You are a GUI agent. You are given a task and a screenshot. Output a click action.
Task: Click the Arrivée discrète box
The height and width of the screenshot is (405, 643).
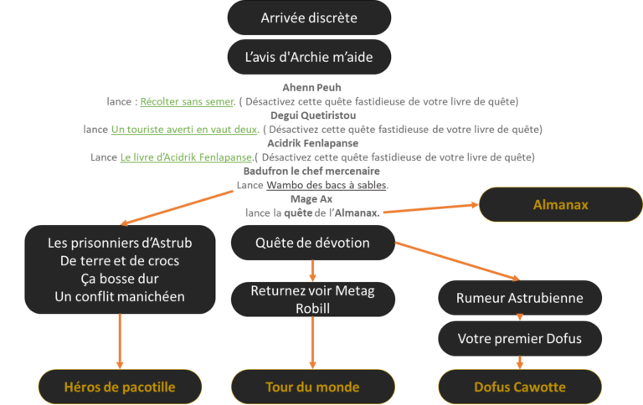click(x=309, y=18)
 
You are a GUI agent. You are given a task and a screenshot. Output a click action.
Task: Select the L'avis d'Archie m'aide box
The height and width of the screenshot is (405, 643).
click(x=309, y=57)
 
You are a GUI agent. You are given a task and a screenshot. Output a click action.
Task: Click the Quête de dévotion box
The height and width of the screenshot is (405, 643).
click(x=311, y=244)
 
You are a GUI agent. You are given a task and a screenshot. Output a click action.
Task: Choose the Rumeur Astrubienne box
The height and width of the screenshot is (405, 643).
click(x=519, y=298)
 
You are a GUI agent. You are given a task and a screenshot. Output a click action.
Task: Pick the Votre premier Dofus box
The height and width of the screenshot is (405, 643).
click(x=519, y=339)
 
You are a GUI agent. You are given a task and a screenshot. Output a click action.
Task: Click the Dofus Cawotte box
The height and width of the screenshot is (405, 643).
click(x=519, y=387)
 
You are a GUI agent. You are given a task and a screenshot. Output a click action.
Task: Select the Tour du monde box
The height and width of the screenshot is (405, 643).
click(x=311, y=387)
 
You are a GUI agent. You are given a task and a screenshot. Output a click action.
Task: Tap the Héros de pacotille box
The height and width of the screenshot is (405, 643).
click(x=120, y=387)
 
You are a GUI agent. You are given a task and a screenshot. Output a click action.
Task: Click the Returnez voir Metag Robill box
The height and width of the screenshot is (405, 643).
click(x=311, y=300)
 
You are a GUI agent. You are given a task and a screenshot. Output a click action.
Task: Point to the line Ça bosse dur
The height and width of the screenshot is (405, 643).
click(x=120, y=279)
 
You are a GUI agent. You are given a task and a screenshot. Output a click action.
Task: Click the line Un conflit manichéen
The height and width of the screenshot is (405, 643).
click(x=120, y=296)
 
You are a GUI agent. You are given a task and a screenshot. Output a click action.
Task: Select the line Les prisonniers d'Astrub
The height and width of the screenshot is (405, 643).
click(x=120, y=244)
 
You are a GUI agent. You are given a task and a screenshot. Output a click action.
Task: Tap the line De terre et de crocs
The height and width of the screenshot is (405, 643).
click(x=120, y=261)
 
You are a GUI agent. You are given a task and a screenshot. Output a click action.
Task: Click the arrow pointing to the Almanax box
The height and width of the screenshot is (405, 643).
click(x=427, y=209)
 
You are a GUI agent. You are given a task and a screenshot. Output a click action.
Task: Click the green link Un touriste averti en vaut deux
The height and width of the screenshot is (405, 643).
click(x=183, y=130)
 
